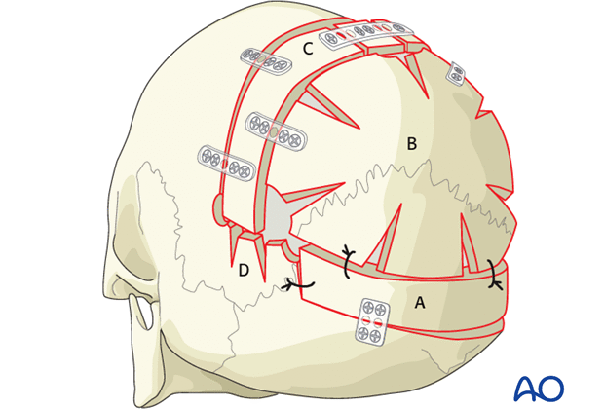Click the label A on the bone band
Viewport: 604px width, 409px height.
click(421, 303)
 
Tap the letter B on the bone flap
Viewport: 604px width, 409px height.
click(412, 144)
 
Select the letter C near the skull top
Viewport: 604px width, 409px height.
click(307, 46)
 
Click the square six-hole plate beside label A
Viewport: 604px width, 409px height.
click(372, 318)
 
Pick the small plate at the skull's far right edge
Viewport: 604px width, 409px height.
click(456, 74)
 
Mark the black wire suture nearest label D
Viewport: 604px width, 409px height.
click(294, 283)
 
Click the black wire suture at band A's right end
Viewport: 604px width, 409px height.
click(496, 277)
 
